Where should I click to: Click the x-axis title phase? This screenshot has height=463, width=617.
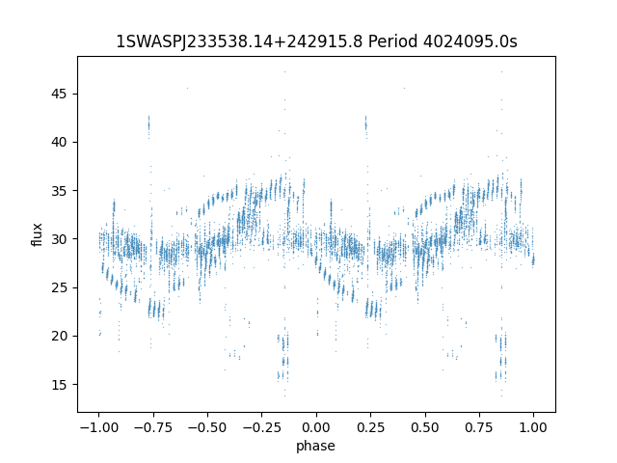316,446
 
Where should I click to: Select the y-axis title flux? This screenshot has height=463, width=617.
38,234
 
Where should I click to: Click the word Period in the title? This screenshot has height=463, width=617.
390,41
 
